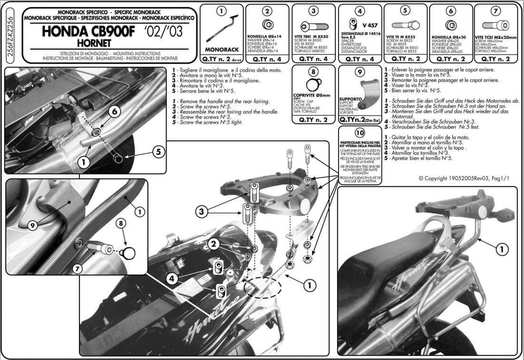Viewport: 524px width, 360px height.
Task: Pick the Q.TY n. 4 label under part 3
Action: click(x=312, y=59)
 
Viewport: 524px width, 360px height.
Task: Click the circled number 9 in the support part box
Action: click(x=360, y=73)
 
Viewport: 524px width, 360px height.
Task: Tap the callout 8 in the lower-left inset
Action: click(x=121, y=222)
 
